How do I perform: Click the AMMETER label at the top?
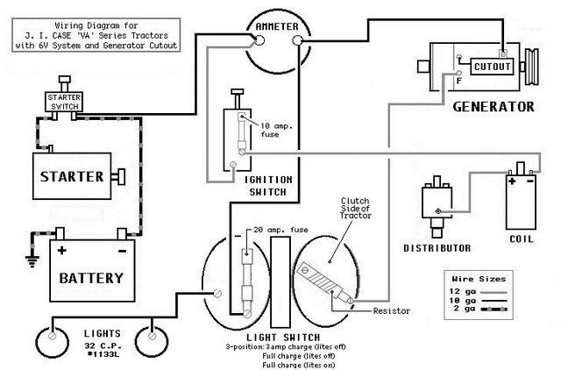[x=273, y=27]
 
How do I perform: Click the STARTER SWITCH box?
[x=64, y=101]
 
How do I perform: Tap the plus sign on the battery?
[x=62, y=250]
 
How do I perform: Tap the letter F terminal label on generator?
[x=458, y=80]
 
